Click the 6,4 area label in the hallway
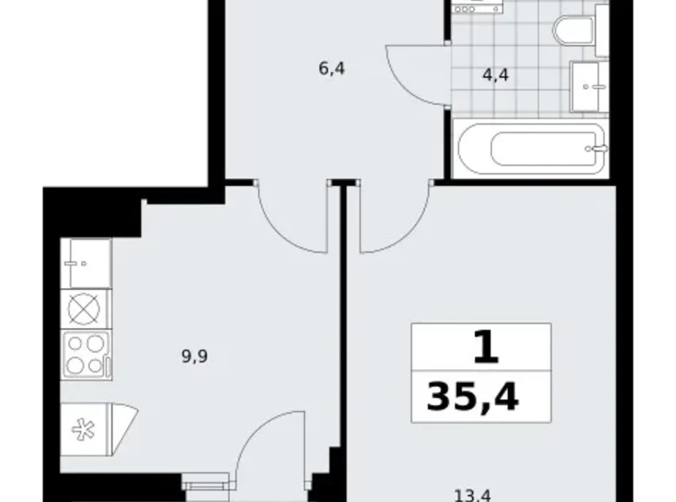tap(332, 68)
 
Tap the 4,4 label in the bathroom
tap(495, 74)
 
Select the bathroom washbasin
tap(590, 87)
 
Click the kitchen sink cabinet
tap(86, 263)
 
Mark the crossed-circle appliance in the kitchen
tap(86, 309)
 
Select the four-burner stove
tap(86, 354)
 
